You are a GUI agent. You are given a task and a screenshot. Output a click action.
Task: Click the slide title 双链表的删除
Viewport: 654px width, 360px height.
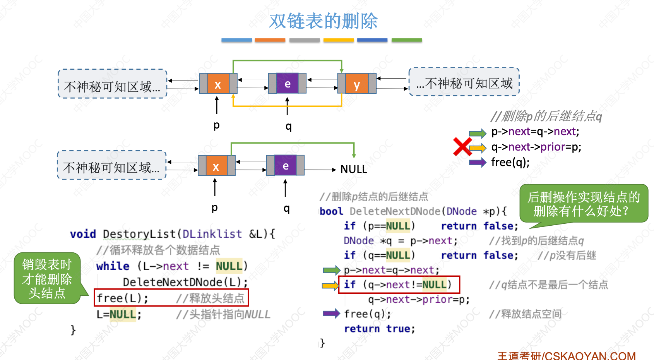[x=323, y=21]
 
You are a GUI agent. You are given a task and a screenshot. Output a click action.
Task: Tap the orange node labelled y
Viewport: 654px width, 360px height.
[x=357, y=84]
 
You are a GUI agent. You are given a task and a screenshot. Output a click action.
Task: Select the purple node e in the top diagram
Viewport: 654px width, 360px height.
[x=287, y=84]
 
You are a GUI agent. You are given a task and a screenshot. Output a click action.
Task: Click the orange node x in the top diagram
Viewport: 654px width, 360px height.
[x=218, y=84]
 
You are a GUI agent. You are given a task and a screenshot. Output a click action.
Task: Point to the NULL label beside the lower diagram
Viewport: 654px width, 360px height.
[x=354, y=169]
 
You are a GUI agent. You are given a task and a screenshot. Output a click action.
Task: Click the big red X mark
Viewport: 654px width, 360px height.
[x=462, y=147]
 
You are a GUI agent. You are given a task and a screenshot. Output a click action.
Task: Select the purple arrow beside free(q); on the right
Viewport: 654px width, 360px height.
[x=478, y=162]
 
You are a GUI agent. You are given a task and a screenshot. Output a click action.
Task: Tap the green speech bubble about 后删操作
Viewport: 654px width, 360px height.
[x=584, y=204]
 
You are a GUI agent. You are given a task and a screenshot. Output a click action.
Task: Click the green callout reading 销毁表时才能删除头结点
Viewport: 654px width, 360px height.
[x=47, y=279]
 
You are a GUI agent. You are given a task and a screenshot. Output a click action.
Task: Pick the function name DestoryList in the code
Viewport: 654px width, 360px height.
[x=139, y=234]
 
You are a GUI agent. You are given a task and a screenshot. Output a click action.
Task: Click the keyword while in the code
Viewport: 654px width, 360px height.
[x=113, y=266]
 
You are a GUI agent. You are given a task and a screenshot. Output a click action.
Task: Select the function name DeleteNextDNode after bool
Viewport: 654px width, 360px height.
[x=395, y=211]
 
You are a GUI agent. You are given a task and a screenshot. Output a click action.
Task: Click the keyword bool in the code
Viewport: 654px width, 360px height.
[x=331, y=211]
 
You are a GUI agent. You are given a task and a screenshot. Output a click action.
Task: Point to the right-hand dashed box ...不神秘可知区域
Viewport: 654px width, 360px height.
[x=464, y=82]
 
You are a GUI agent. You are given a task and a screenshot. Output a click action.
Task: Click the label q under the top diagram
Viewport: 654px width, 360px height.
[x=288, y=126]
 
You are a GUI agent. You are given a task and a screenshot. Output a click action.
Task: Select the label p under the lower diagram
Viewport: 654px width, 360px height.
[x=215, y=207]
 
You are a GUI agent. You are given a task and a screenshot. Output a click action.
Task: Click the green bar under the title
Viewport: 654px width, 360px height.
[x=406, y=40]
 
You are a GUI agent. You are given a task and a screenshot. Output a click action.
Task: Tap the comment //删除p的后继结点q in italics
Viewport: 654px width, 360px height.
[x=546, y=116]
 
